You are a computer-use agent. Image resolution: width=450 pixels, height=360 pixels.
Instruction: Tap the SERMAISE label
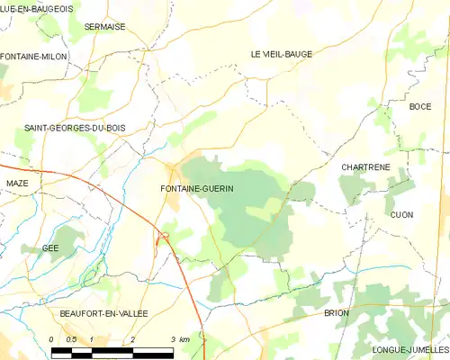coord(104,27)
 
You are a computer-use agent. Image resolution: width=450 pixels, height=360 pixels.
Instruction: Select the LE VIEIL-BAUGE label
coord(281,54)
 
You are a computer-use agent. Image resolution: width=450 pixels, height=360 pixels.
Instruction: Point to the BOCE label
coord(420,106)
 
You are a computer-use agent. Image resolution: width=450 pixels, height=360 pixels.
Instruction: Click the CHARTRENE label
coord(364,167)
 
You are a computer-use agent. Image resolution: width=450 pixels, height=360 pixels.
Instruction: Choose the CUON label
coord(401,214)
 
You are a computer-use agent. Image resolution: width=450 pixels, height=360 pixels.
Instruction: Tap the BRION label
coord(337,312)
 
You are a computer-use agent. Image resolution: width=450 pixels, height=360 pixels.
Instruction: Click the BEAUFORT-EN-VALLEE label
coord(103,312)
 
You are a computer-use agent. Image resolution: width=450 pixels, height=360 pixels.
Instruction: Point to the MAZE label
coord(17,183)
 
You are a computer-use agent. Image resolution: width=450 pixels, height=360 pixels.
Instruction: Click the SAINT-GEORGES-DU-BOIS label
coord(75,128)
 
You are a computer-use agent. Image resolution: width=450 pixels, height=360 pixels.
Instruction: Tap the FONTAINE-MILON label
coord(33,57)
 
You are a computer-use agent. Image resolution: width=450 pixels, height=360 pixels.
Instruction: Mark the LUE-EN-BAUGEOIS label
coord(36,7)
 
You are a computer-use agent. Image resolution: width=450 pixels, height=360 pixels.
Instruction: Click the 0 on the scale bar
coord(52,338)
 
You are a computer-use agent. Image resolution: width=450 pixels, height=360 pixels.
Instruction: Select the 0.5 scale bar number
coord(72,338)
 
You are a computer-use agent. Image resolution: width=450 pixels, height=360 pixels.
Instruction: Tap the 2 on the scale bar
coord(132,338)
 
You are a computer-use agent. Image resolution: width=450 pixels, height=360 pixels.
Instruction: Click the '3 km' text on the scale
coord(179,338)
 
